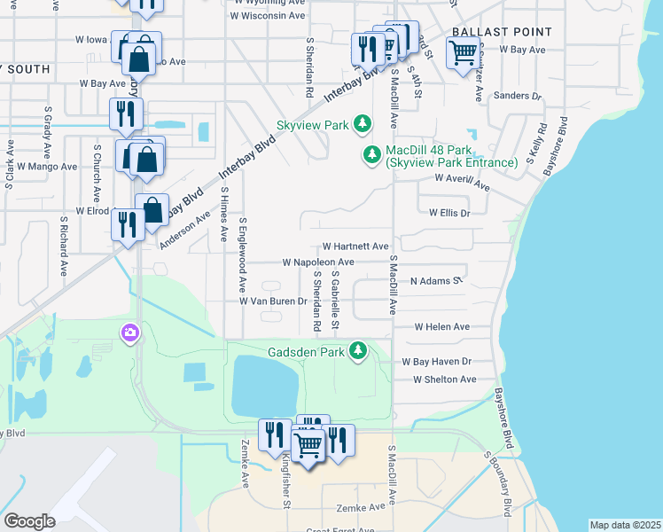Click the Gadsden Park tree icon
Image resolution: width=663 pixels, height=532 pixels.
point(358,351)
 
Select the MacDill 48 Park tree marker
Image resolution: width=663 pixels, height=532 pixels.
point(372,155)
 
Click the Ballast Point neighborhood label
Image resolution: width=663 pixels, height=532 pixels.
point(502,32)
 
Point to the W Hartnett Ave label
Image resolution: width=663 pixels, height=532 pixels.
point(355,246)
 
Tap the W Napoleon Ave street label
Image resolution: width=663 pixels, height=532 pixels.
point(318,262)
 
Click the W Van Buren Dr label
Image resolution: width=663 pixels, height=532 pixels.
point(273,301)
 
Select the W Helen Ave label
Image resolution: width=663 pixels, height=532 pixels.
point(442,326)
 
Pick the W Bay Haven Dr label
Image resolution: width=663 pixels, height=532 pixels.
point(437,362)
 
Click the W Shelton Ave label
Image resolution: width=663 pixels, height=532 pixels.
point(444,379)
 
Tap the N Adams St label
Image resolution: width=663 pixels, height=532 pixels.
point(436,281)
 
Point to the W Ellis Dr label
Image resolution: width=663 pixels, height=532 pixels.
point(449,213)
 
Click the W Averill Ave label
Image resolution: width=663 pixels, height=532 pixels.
point(462,182)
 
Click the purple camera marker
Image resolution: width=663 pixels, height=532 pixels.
point(130,332)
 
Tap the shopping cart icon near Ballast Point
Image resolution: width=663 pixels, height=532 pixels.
point(463,55)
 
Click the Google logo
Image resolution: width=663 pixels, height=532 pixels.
point(29,521)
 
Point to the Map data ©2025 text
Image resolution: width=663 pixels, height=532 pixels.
point(626,525)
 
